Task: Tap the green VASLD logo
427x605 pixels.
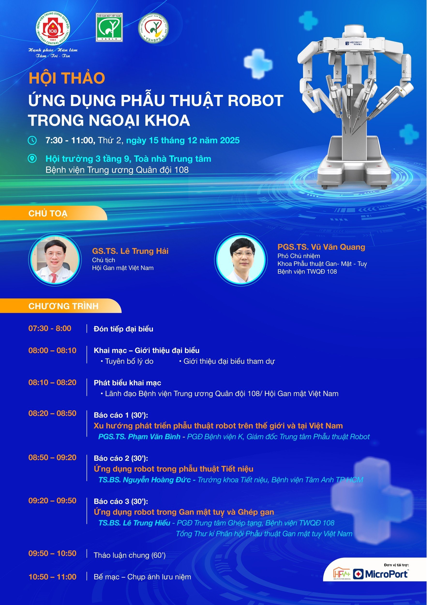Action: click(109, 27)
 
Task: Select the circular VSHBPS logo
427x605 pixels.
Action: click(153, 28)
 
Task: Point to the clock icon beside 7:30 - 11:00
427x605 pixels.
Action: click(32, 140)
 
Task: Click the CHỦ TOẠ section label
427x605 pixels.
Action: click(48, 213)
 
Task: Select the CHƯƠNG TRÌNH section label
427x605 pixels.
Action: click(63, 306)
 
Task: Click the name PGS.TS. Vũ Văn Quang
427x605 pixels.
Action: click(321, 247)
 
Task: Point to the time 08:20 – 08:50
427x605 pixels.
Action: click(52, 413)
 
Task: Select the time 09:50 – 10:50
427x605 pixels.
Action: click(52, 553)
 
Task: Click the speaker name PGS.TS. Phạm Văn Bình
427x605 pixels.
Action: click(139, 437)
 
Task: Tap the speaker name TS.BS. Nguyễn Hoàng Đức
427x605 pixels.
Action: click(144, 480)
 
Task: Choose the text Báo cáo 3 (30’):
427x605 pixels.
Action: click(121, 501)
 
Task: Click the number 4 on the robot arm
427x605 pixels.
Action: click(403, 72)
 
